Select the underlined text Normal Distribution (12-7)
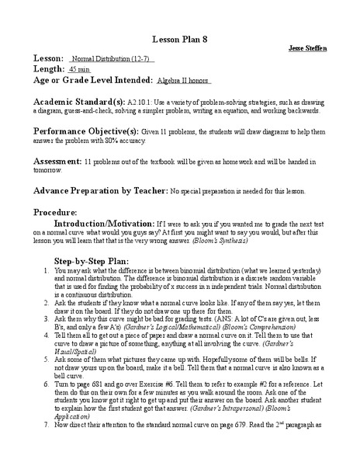(112, 59)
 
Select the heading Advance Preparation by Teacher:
(100, 190)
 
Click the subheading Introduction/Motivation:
(119, 222)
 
